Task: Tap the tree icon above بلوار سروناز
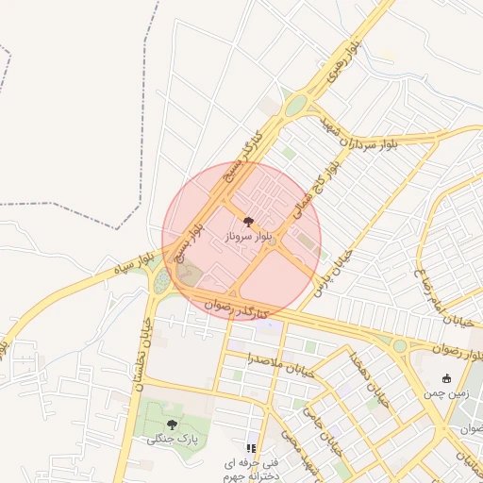248,222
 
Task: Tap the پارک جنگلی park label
171,439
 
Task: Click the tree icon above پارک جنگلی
172,425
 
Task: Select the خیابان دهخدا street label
368,376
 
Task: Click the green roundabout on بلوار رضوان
400,346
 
